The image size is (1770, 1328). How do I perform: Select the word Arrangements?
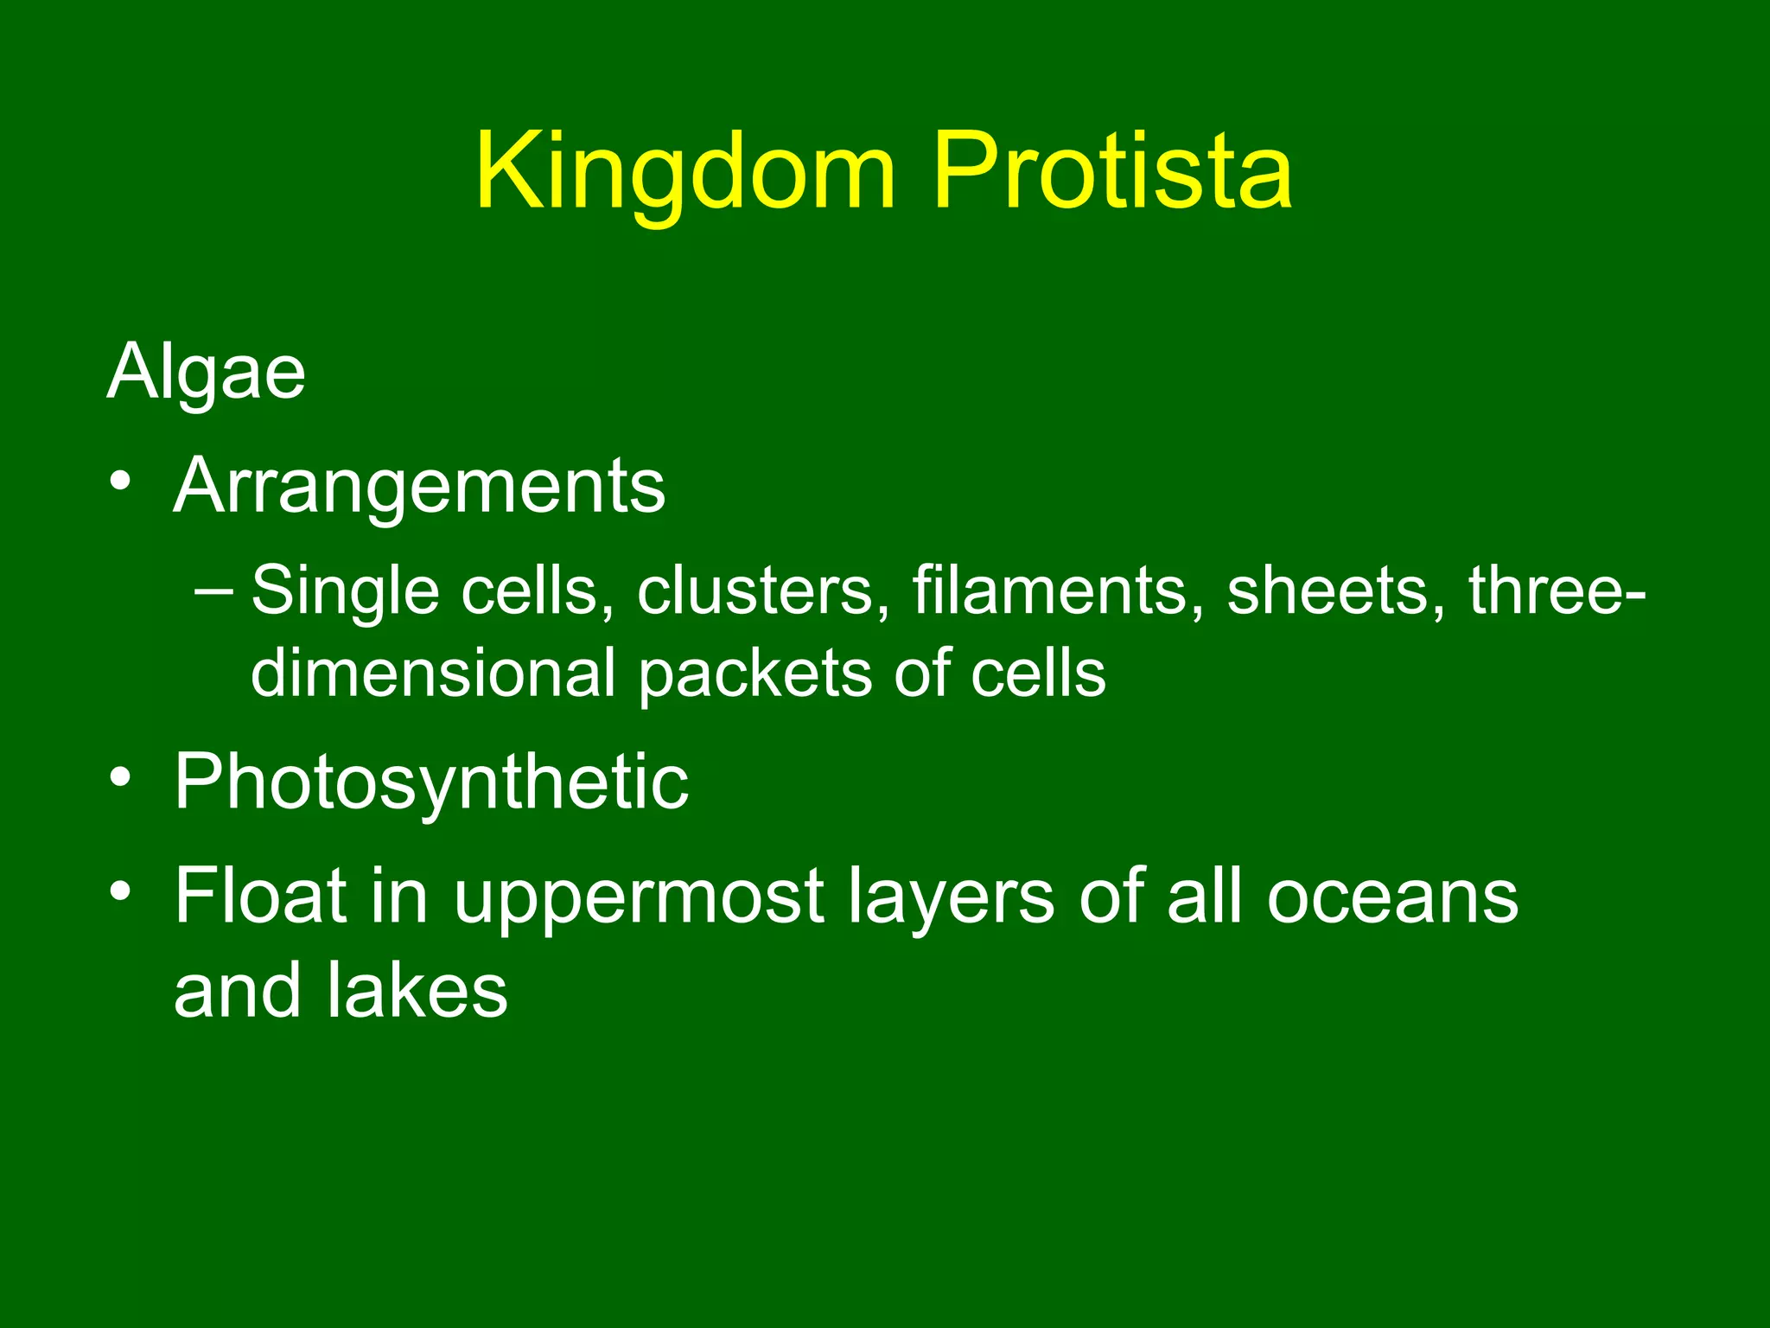click(x=419, y=486)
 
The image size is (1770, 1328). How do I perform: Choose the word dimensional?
click(x=433, y=673)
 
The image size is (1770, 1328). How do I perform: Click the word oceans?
click(x=1391, y=897)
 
